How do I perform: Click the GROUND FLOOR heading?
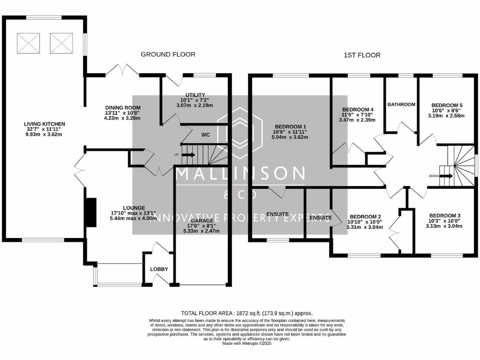[168, 54]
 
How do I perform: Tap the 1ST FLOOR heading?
[362, 55]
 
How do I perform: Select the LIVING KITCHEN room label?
[43, 124]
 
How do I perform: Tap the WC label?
[205, 135]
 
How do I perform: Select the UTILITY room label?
[195, 95]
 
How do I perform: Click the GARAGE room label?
[202, 220]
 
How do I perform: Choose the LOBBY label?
[159, 269]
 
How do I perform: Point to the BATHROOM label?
[401, 105]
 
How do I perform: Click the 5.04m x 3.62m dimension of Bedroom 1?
[291, 137]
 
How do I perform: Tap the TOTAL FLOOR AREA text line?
[247, 313]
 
